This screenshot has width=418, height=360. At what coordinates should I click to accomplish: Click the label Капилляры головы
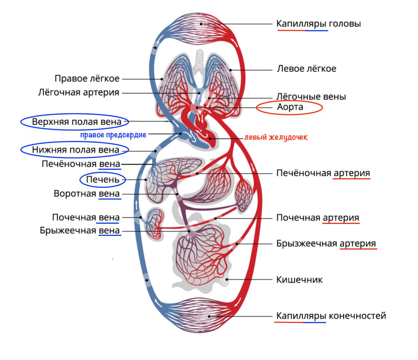coord(318,24)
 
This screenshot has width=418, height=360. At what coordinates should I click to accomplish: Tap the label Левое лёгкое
coord(306,69)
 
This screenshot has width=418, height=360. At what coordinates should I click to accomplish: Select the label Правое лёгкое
coord(87,79)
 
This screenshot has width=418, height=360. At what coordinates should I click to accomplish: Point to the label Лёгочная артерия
coord(78,92)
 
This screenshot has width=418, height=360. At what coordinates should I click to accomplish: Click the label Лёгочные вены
coord(311,97)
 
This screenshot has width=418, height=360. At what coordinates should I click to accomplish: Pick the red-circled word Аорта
coord(290,107)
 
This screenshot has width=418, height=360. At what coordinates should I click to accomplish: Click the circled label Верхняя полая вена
coord(76,122)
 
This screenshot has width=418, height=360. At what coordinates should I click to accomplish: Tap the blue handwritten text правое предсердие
coord(113,135)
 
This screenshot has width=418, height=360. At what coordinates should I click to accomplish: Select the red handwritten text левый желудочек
coord(276,137)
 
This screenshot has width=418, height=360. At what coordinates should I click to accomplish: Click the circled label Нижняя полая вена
coord(75,150)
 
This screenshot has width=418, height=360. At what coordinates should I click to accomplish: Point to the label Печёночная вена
coord(81,164)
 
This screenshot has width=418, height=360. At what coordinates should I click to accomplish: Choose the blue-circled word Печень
coord(103,179)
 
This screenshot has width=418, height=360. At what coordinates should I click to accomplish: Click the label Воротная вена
coord(87,193)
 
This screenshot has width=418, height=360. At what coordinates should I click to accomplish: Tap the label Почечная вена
coord(86,217)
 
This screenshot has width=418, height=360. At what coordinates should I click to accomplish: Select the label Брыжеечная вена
coord(80,231)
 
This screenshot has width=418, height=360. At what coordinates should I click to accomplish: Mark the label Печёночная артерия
coord(323,173)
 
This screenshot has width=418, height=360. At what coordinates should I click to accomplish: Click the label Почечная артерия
coord(317,218)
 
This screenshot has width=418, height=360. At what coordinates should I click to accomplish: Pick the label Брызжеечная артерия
coord(326,244)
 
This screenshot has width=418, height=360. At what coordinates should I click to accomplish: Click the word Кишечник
coord(299,280)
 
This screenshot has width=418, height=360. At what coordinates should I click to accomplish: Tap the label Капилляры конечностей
coord(331,316)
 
